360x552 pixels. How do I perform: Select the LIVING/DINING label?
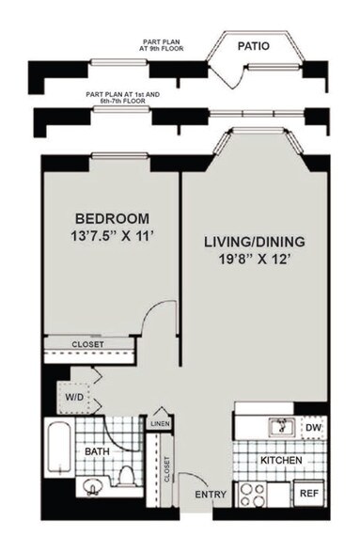coord(254,242)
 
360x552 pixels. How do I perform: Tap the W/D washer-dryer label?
coord(70,395)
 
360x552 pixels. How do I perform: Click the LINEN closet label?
coord(158,425)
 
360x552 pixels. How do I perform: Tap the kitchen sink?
coord(279,428)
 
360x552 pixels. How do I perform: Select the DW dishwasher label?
coord(313,428)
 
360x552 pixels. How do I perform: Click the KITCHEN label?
coord(281,460)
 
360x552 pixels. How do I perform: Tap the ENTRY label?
coord(210,494)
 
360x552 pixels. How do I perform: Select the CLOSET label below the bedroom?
coord(89,344)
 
